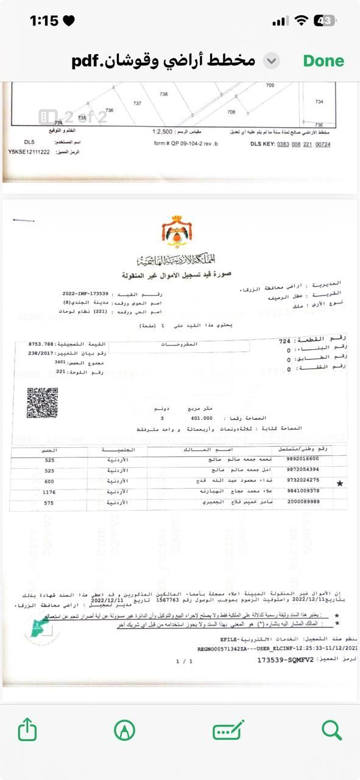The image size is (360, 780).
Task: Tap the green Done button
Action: coord(323,61)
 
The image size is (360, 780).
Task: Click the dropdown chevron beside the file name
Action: coord(272,61)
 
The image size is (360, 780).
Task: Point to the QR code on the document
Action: coord(42,403)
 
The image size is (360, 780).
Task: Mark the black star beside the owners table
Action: coord(339,483)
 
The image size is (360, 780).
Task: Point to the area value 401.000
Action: coord(201,419)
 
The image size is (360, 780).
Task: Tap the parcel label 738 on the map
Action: coord(163,94)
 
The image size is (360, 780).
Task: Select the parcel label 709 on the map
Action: coord(270,86)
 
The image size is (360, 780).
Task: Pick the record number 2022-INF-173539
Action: coord(85,294)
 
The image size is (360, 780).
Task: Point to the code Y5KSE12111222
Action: coord(29,151)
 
